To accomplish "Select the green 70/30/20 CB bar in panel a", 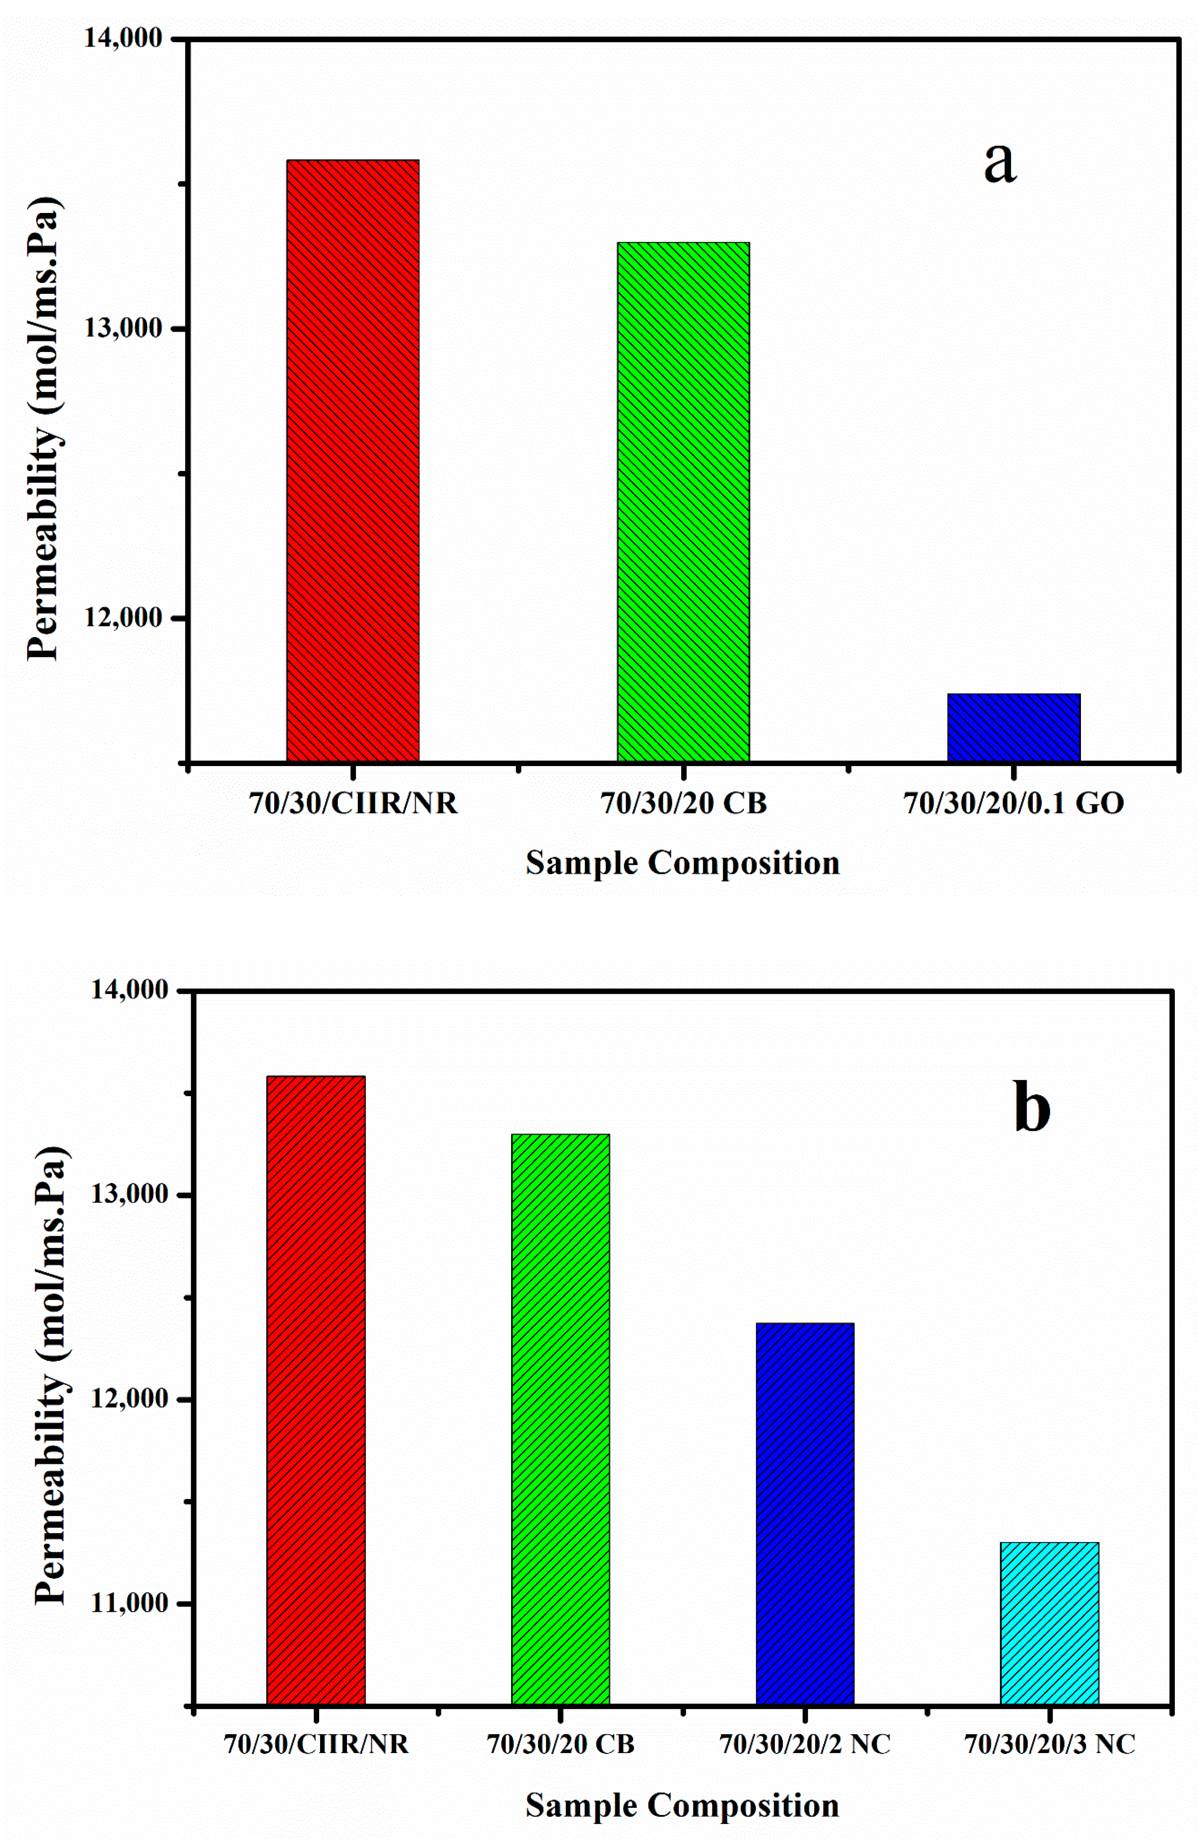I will click(683, 502).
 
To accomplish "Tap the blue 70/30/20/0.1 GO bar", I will click(1013, 727).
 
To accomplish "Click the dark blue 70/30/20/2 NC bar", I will click(805, 1514).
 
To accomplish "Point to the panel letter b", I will click(1031, 1109).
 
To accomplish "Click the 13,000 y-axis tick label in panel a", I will click(124, 328).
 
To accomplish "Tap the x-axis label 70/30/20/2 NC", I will click(805, 1744).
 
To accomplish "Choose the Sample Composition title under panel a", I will click(683, 863).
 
